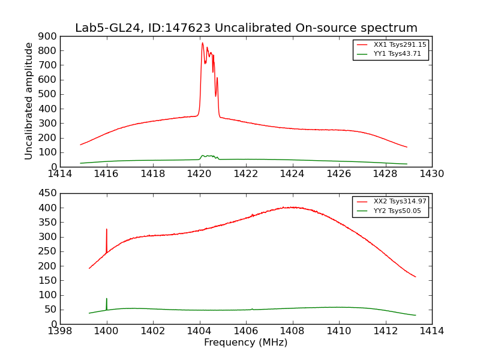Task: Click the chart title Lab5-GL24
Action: pyautogui.click(x=246, y=28)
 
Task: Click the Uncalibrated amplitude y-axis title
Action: pyautogui.click(x=29, y=101)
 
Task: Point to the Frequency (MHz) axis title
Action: pyautogui.click(x=246, y=343)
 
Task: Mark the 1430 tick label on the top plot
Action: pyautogui.click(x=431, y=174)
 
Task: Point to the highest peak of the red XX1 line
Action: pyautogui.click(x=202, y=43)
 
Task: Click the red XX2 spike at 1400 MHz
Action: pyautogui.click(x=107, y=230)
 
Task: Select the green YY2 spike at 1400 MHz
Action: pyautogui.click(x=107, y=299)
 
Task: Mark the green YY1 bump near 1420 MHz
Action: pyautogui.click(x=207, y=156)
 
